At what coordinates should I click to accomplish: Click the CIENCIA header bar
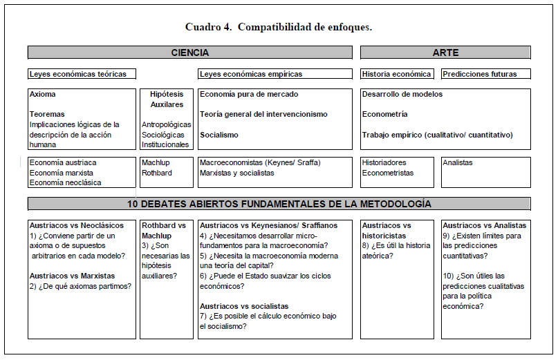click(x=189, y=53)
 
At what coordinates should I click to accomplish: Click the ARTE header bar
click(x=445, y=53)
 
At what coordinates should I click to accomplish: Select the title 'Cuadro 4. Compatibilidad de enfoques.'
click(x=279, y=27)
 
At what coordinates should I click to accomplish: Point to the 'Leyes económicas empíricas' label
click(x=251, y=74)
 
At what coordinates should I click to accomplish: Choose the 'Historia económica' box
click(x=397, y=74)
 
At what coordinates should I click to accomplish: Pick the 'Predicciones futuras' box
click(x=479, y=74)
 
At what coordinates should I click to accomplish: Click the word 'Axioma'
click(x=43, y=94)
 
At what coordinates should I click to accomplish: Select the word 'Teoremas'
click(x=47, y=114)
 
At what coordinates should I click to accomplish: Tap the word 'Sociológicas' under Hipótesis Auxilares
click(x=164, y=135)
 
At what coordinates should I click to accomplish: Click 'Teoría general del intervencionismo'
click(x=263, y=114)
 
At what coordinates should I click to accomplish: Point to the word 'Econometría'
click(x=384, y=114)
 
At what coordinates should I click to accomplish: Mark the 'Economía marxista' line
click(x=62, y=173)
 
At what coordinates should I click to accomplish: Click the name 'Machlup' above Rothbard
click(x=156, y=162)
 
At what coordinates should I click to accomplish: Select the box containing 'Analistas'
click(x=486, y=172)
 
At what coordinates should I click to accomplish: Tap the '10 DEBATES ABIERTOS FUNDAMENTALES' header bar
click(x=279, y=204)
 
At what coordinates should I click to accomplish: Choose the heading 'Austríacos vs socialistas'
click(x=244, y=306)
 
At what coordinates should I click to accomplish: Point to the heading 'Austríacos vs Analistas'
click(x=484, y=225)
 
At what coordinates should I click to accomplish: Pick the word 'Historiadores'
click(x=384, y=162)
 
